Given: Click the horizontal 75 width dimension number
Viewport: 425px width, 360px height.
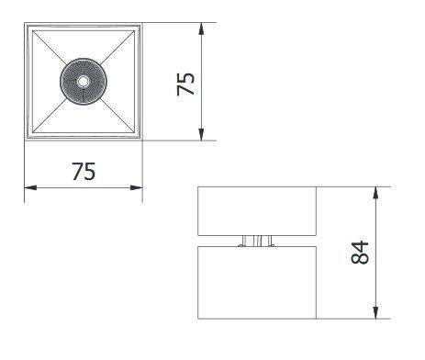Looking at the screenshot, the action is pos(84,172).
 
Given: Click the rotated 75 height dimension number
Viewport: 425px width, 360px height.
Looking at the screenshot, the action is pos(185,84).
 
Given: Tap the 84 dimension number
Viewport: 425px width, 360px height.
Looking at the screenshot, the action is pos(360,253).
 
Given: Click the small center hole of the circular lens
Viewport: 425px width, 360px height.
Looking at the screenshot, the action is pos(83,82).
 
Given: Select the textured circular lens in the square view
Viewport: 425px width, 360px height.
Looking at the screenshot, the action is pos(83,82).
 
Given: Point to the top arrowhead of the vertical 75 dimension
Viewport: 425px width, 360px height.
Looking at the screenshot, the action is pos(201,28).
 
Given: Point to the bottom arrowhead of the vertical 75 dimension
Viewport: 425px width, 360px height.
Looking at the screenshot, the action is pos(201,135).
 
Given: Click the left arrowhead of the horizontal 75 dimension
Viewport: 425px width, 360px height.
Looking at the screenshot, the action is pos(30,187).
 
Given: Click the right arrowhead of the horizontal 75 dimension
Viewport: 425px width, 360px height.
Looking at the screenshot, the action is pos(137,187).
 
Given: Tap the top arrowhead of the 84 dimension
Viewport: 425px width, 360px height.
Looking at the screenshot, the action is pos(376,193).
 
